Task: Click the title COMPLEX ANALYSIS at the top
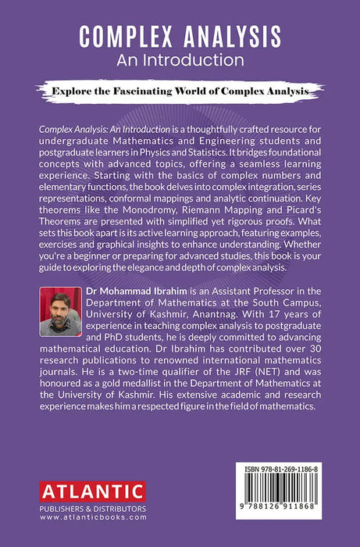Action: (x=180, y=36)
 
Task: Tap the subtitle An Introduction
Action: (x=180, y=59)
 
